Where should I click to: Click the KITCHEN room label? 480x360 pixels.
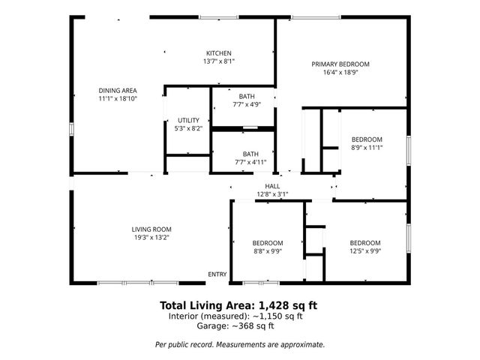(x=219, y=52)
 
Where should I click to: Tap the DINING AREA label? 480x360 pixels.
(x=118, y=90)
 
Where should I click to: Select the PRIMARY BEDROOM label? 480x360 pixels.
(x=340, y=64)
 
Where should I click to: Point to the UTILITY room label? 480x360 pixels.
(x=188, y=120)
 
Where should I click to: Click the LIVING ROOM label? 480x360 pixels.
(x=152, y=229)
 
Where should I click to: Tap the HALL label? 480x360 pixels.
(x=272, y=185)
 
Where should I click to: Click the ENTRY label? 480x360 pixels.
(x=217, y=274)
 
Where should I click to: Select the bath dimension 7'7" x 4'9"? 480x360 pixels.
(x=247, y=105)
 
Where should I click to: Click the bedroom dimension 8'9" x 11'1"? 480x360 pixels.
(x=367, y=148)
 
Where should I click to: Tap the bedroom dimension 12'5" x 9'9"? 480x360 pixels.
(x=364, y=251)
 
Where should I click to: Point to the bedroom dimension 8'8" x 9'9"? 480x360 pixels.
(x=268, y=251)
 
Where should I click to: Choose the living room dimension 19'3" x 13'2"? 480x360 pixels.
(x=152, y=238)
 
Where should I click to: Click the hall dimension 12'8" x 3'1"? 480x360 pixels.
(x=272, y=193)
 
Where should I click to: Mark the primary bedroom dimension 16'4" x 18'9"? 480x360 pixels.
(x=340, y=73)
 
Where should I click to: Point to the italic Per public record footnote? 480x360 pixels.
(x=240, y=344)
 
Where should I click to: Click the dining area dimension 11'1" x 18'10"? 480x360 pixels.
(x=118, y=98)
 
